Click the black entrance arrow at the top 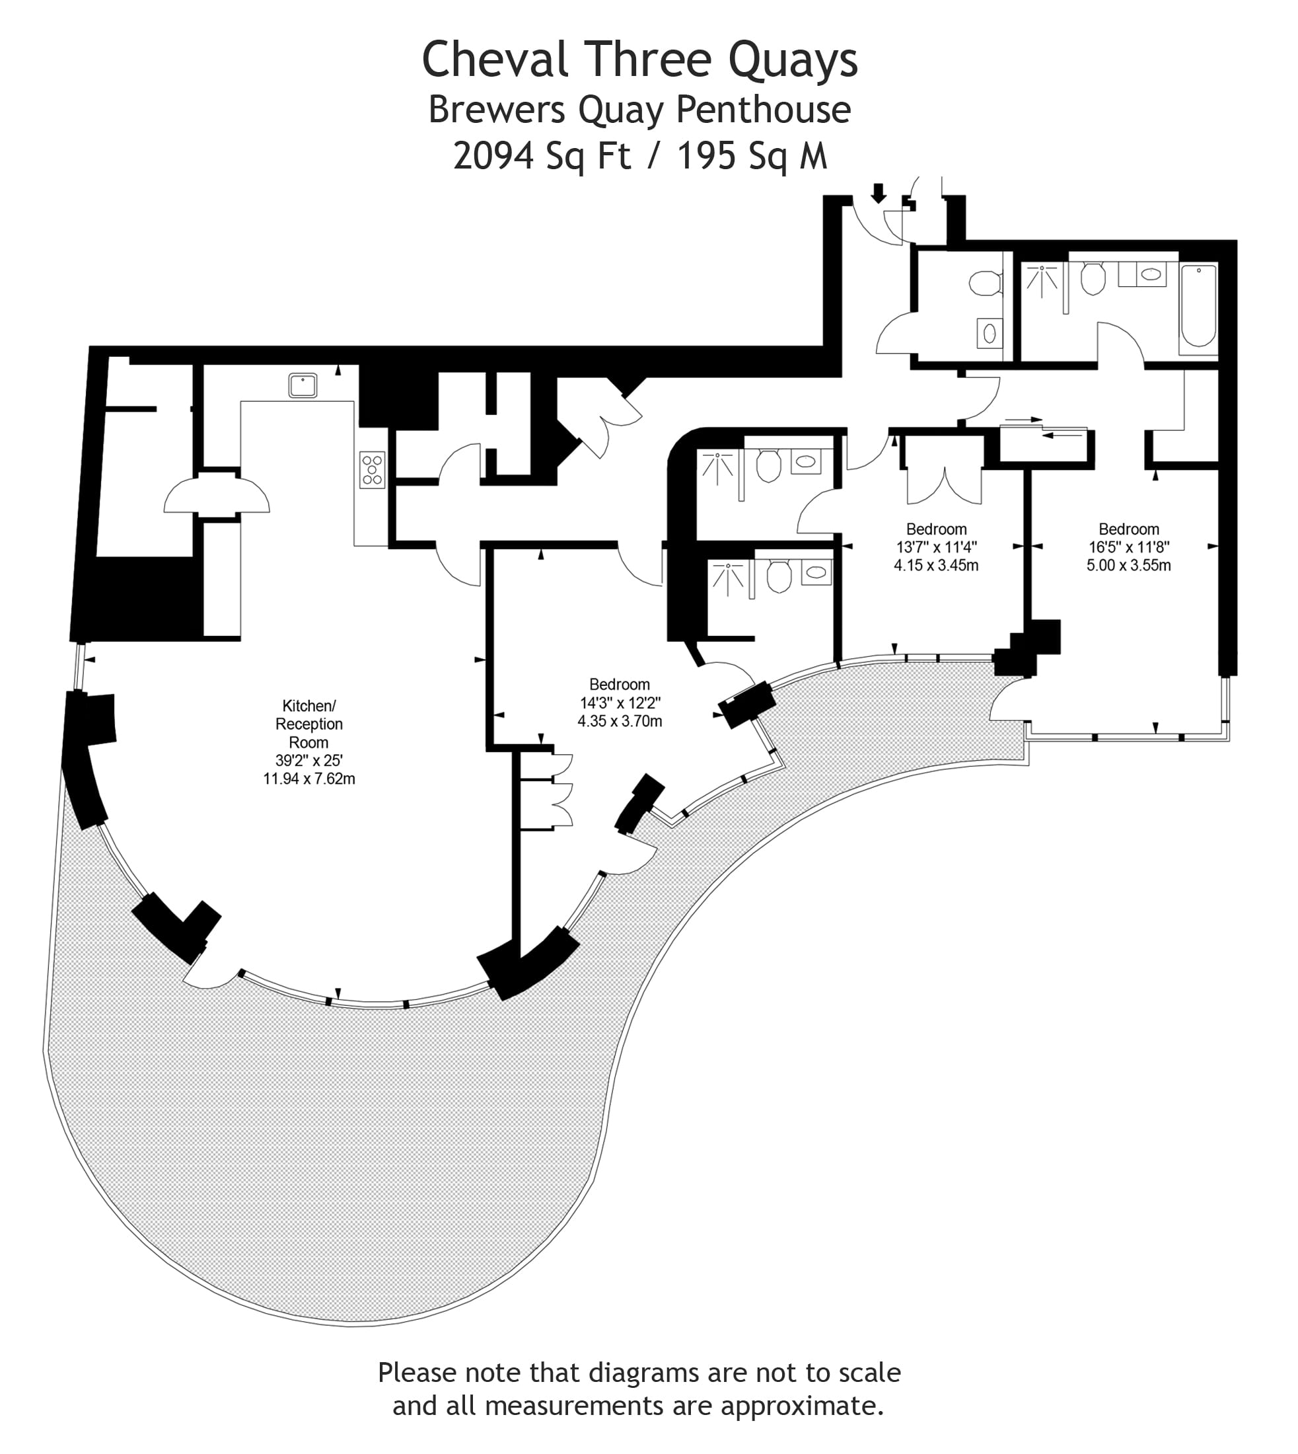pos(879,192)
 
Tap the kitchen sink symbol pos(303,385)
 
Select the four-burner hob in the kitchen pos(373,470)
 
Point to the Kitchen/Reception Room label pos(308,724)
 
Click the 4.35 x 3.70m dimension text pos(620,721)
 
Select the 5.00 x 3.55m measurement pos(1129,566)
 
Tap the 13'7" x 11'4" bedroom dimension pos(937,547)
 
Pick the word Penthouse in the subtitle pos(763,110)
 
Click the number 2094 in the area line pos(493,155)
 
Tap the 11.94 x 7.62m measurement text pos(308,779)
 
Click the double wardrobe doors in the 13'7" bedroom pos(944,486)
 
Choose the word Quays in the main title pos(793,60)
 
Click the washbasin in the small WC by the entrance pos(990,332)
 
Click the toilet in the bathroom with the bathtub pos(1093,279)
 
